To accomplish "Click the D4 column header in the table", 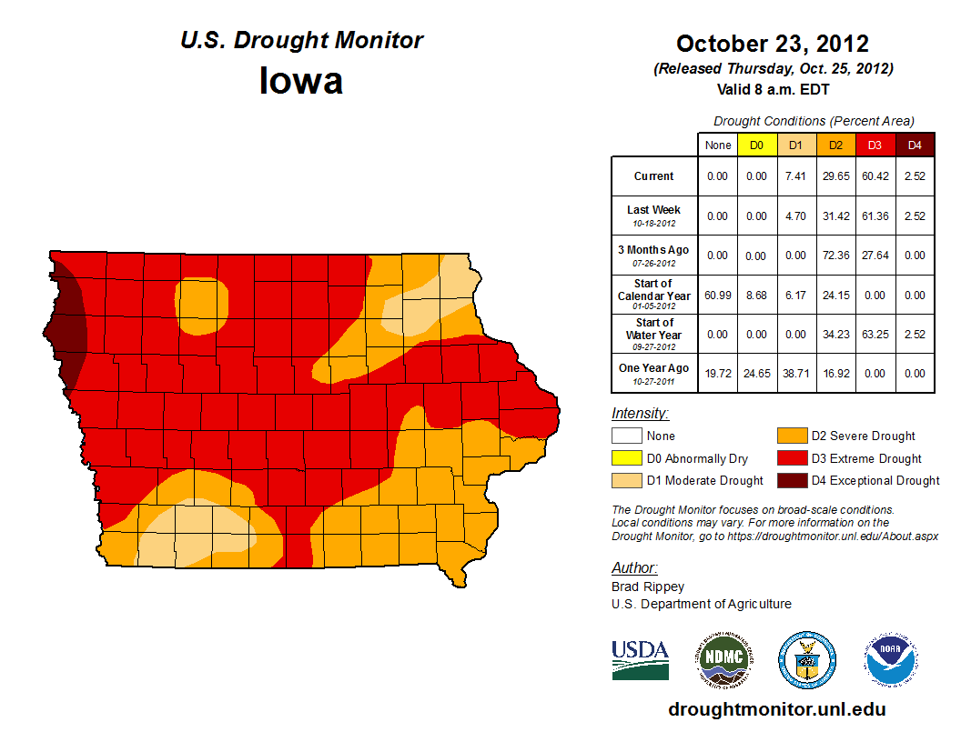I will [915, 145].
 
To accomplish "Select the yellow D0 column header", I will [756, 145].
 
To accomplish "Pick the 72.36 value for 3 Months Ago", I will [835, 256].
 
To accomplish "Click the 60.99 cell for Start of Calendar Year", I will [718, 295].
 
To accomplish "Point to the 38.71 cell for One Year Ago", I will [795, 373].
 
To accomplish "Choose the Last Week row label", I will [653, 215].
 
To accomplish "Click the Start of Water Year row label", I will [653, 334].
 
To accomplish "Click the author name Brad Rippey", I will [647, 587].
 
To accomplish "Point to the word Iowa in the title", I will [301, 81].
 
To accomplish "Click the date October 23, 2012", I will [773, 44].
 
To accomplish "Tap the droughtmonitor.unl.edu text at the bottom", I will [776, 709].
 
